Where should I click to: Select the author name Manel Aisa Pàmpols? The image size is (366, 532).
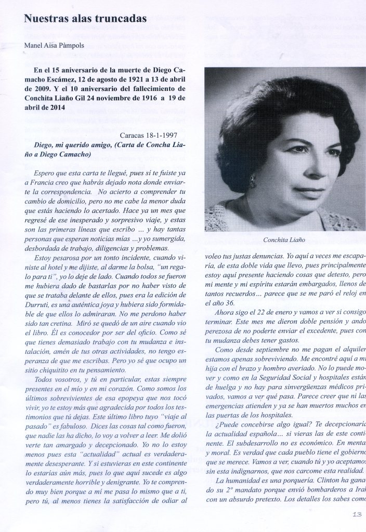(54, 46)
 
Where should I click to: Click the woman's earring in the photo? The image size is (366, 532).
(252, 182)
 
